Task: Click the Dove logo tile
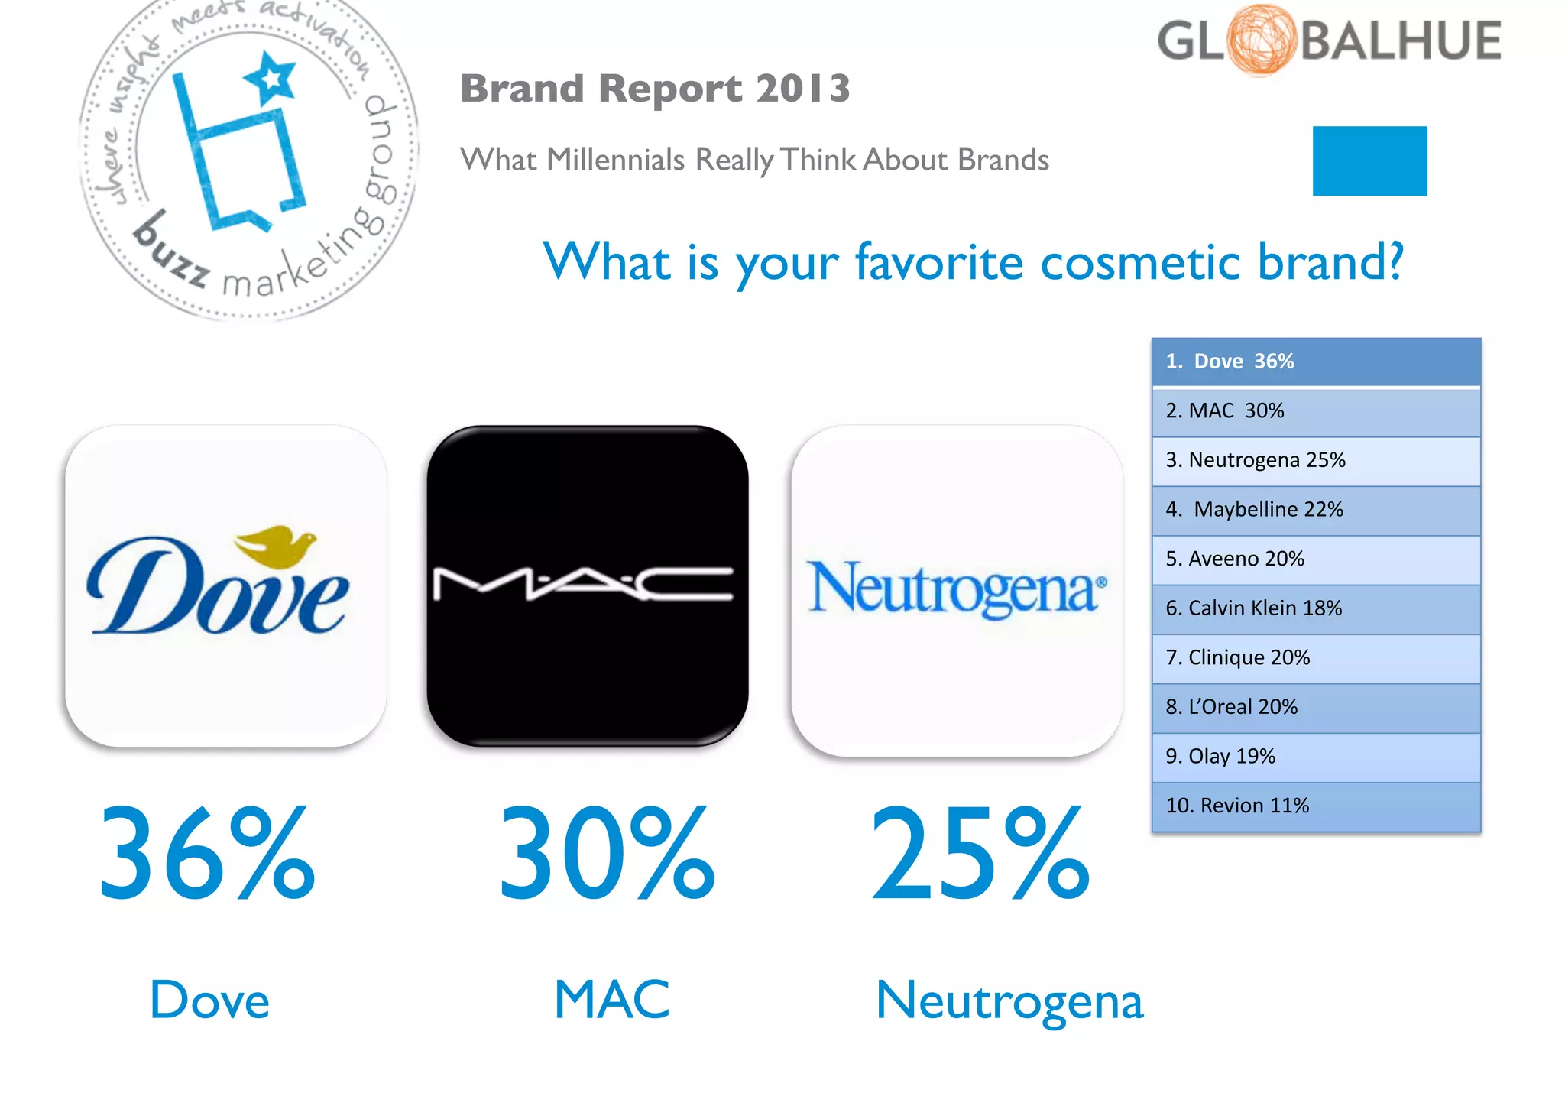pyautogui.click(x=226, y=585)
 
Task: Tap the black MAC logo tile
pyautogui.click(x=587, y=585)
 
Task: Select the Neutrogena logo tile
pyautogui.click(x=957, y=590)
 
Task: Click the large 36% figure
pyautogui.click(x=206, y=854)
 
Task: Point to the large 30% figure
pyautogui.click(x=607, y=854)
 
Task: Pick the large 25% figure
pyautogui.click(x=980, y=854)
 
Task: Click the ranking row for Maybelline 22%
pyautogui.click(x=1316, y=510)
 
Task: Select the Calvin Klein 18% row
pyautogui.click(x=1316, y=608)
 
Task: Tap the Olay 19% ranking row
pyautogui.click(x=1316, y=757)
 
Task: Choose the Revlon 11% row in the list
pyautogui.click(x=1316, y=806)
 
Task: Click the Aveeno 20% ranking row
pyautogui.click(x=1316, y=559)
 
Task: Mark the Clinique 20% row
pyautogui.click(x=1316, y=657)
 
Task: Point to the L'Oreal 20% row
pyautogui.click(x=1316, y=707)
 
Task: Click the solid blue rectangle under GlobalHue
pyautogui.click(x=1369, y=161)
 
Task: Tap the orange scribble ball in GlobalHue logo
pyautogui.click(x=1262, y=40)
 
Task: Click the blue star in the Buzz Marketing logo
pyautogui.click(x=271, y=78)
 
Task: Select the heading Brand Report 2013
pyautogui.click(x=655, y=89)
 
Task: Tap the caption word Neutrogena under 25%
pyautogui.click(x=1009, y=1001)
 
